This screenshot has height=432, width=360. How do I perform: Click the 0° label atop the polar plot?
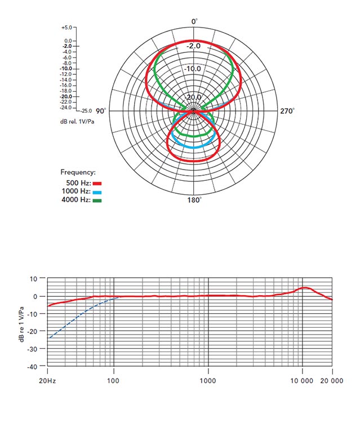[x=194, y=21]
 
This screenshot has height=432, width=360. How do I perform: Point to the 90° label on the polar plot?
[x=101, y=111]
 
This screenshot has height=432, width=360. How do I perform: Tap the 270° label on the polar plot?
[x=287, y=111]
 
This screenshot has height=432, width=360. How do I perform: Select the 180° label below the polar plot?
[x=194, y=201]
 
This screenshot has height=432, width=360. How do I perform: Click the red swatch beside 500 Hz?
[x=97, y=183]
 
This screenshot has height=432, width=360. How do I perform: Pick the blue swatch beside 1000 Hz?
[x=97, y=191]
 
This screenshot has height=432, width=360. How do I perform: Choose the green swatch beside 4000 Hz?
[x=97, y=200]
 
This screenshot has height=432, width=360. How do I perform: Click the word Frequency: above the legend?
[x=78, y=172]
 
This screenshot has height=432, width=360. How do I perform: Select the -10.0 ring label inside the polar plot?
[x=193, y=69]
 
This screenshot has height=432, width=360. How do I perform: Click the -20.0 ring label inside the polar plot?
[x=193, y=97]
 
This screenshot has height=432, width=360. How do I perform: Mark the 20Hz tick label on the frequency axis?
[x=48, y=381]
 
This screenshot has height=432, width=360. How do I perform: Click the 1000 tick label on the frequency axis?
[x=208, y=381]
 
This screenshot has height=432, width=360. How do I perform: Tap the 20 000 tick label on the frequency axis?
[x=331, y=381]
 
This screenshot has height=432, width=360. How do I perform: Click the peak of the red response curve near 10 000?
[x=305, y=288]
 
